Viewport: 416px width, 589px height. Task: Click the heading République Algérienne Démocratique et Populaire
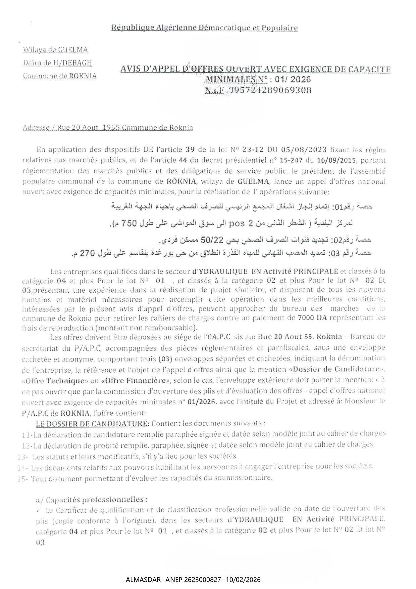point(204,28)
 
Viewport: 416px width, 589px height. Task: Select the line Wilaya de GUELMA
point(55,50)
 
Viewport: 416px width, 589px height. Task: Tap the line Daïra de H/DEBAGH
point(57,63)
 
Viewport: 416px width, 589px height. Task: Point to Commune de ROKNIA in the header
point(60,76)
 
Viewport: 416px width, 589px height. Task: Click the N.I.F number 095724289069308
point(270,90)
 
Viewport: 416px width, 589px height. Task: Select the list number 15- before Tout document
point(22,478)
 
